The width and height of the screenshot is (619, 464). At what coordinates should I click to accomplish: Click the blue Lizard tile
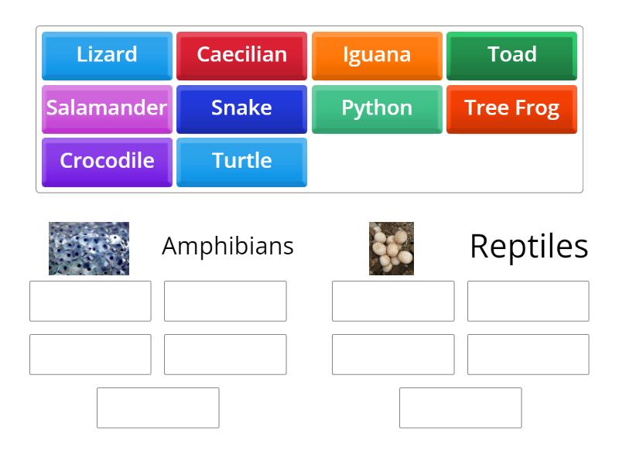(x=107, y=55)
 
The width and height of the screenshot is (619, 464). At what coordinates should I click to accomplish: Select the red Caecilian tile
(x=241, y=55)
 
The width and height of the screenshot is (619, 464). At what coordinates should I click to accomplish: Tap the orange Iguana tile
(x=377, y=55)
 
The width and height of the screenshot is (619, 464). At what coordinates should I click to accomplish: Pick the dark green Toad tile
(x=511, y=55)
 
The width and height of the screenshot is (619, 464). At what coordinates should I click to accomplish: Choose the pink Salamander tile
(x=107, y=108)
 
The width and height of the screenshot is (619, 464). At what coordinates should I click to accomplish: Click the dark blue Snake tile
(x=241, y=108)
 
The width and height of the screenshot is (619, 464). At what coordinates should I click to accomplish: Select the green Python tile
(x=377, y=108)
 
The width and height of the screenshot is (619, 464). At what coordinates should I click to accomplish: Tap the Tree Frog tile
(x=511, y=108)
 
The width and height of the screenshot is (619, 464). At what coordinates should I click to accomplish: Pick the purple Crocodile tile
(x=107, y=162)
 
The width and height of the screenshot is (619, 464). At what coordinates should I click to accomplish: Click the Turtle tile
(x=241, y=162)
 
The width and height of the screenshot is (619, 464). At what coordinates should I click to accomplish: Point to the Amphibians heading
(x=227, y=246)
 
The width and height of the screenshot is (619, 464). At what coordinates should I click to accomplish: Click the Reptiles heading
(x=528, y=246)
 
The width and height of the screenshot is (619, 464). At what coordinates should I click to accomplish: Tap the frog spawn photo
(x=89, y=248)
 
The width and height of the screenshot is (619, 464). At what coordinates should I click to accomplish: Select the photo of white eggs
(x=392, y=248)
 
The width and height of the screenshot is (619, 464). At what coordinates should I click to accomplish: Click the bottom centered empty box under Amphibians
(x=158, y=408)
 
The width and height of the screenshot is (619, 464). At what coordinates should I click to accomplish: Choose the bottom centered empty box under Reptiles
(x=460, y=408)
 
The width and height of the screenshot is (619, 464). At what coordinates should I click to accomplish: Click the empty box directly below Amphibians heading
(x=225, y=301)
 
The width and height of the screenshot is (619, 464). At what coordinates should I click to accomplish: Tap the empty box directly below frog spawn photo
(x=91, y=301)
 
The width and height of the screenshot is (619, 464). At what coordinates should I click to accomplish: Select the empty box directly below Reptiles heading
(x=528, y=301)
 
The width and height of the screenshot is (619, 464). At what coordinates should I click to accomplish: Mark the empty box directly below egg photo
(x=393, y=301)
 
